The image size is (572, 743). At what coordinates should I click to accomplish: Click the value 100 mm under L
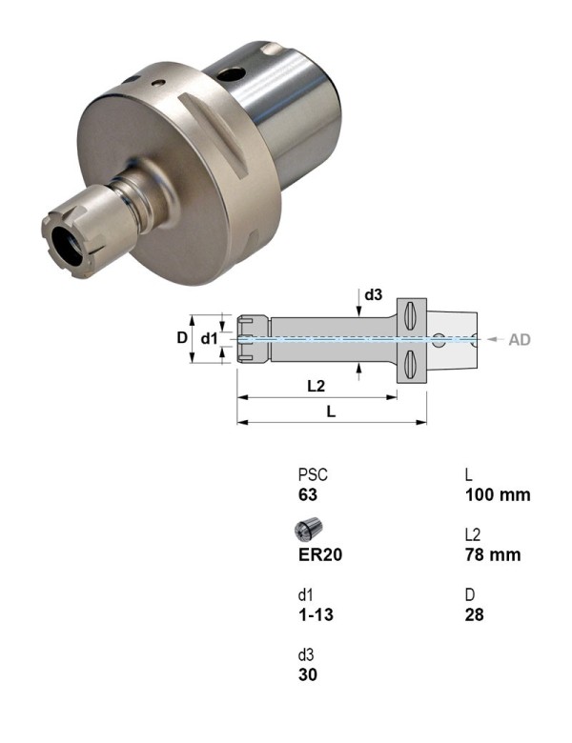click(x=498, y=494)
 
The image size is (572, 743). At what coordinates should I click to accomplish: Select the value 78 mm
click(x=493, y=554)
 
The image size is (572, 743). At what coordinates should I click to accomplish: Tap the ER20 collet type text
click(x=320, y=554)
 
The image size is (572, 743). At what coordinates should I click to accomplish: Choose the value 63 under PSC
click(x=308, y=494)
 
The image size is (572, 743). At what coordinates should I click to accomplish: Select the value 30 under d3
click(x=308, y=674)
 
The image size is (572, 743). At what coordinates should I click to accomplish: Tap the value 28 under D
click(x=475, y=614)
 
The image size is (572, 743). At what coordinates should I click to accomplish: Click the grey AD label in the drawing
click(x=520, y=339)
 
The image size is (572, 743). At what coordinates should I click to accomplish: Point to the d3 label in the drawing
click(x=373, y=295)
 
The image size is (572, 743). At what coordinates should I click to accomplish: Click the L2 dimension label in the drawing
click(x=317, y=386)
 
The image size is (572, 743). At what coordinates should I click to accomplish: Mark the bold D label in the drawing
click(x=182, y=338)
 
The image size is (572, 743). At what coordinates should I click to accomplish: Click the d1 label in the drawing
click(x=210, y=338)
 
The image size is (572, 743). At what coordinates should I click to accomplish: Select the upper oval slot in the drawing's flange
click(x=412, y=314)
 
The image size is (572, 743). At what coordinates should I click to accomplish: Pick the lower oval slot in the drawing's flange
click(x=412, y=362)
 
